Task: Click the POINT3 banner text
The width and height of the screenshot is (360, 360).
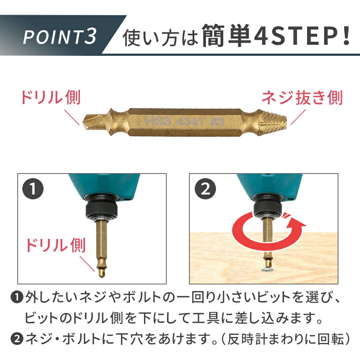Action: click(59, 36)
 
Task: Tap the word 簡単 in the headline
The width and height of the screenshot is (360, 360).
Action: click(226, 36)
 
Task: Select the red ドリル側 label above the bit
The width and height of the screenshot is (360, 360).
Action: click(51, 97)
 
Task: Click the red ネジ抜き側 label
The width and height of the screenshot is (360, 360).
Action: click(302, 98)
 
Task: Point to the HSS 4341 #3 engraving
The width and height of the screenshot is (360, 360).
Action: click(184, 121)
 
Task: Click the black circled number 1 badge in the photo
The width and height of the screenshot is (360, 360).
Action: click(33, 189)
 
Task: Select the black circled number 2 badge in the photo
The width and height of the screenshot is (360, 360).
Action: click(205, 189)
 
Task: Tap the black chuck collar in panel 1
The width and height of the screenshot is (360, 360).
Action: click(102, 210)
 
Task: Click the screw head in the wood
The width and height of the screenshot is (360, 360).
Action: click(267, 270)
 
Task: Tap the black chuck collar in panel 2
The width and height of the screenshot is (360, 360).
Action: click(267, 210)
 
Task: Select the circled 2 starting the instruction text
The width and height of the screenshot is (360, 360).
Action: click(17, 339)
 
